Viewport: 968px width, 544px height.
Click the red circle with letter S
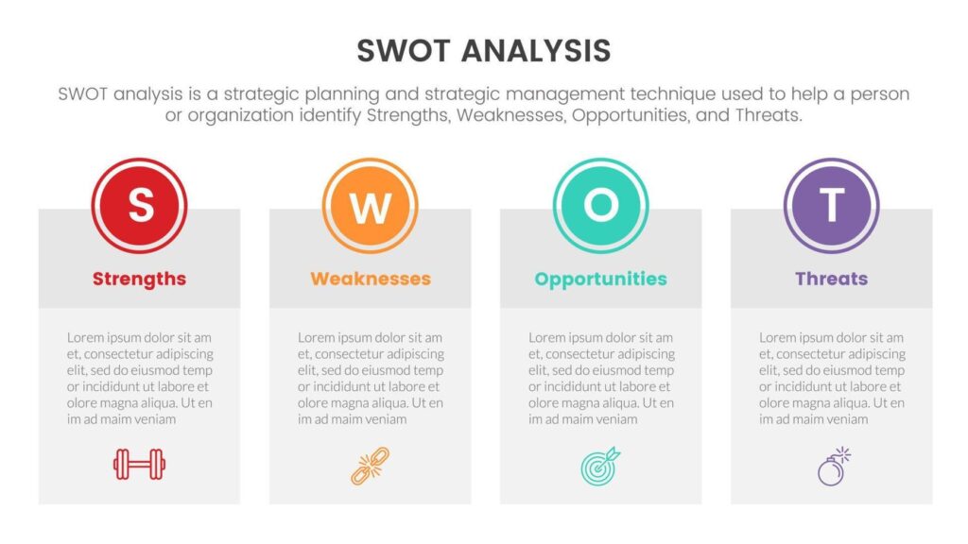click(140, 205)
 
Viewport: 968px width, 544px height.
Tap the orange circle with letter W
click(370, 205)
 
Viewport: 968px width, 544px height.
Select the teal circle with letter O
click(600, 205)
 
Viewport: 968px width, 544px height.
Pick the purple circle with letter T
click(832, 205)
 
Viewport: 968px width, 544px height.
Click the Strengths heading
click(140, 279)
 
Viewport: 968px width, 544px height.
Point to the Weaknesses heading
click(371, 279)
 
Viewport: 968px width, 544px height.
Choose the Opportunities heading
click(600, 280)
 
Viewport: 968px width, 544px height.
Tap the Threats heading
click(832, 279)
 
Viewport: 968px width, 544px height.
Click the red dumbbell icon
click(140, 464)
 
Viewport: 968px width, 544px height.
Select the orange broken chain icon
click(371, 467)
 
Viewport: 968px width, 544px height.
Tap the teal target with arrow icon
click(600, 466)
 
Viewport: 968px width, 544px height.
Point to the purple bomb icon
click(834, 467)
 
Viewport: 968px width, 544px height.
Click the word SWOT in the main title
click(404, 51)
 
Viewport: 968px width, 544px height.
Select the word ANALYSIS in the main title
click(536, 51)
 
